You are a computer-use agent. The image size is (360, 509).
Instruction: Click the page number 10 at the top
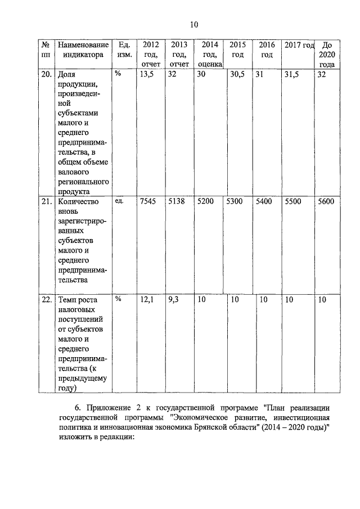coord(193,24)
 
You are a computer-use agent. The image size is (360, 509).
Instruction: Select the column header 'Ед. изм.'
coord(124,50)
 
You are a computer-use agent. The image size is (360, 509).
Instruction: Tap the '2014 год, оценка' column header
coord(209,55)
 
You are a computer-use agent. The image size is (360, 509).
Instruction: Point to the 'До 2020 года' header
coord(326,55)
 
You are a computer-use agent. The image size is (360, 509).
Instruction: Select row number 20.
coord(46,74)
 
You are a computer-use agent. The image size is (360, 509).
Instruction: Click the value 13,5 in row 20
coord(147,74)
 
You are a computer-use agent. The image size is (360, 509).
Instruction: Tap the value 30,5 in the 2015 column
coord(237,74)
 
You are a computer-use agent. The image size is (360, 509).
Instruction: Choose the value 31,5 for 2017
coord(293,74)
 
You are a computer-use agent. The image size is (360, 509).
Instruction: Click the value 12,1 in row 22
coord(147,300)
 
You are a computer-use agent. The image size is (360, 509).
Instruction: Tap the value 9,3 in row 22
coord(173,300)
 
